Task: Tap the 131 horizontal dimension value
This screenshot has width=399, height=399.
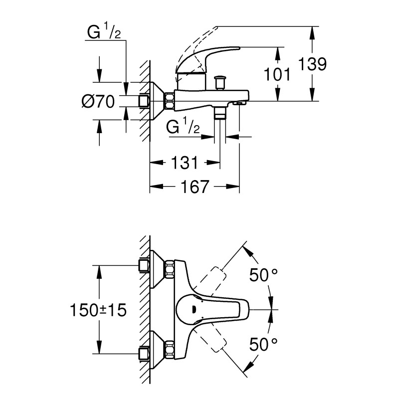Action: [185, 162]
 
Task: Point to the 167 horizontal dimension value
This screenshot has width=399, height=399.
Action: [195, 187]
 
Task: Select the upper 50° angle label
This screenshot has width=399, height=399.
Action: [263, 275]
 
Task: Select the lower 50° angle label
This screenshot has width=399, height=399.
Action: [263, 344]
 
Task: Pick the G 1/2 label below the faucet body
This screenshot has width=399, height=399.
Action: [184, 127]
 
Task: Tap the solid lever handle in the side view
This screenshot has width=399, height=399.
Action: [209, 57]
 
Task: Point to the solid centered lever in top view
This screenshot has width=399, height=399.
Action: [209, 310]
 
